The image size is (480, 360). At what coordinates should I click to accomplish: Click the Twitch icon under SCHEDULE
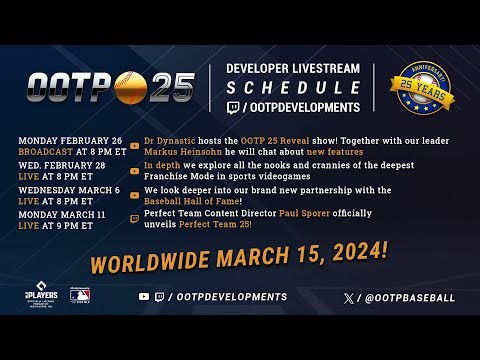[234, 107]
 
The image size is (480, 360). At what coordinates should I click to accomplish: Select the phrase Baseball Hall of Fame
[195, 201]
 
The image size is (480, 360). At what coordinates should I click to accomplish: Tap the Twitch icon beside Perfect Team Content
[134, 218]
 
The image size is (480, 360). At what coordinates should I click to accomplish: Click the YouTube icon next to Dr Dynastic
[134, 144]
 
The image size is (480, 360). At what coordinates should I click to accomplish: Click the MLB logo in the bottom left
[80, 296]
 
